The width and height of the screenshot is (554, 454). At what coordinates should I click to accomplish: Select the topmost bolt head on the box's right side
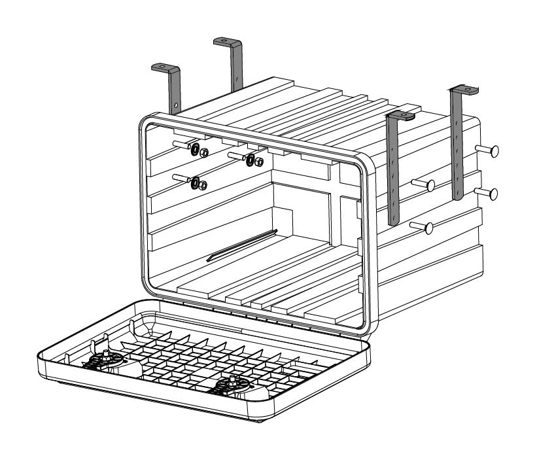493,150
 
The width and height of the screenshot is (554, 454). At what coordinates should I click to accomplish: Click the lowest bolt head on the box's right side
429,228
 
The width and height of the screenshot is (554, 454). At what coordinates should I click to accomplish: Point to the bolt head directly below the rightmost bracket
493,194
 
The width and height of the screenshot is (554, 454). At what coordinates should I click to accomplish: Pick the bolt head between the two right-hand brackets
431,186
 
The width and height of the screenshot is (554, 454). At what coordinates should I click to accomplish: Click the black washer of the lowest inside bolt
195,183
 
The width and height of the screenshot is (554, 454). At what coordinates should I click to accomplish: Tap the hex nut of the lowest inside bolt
203,185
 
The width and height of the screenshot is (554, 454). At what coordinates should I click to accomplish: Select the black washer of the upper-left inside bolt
195,151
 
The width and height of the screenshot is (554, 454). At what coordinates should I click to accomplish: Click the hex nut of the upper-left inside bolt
204,153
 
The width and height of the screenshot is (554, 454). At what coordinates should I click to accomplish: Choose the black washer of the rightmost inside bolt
251,159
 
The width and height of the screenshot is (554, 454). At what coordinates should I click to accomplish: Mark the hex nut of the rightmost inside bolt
259,161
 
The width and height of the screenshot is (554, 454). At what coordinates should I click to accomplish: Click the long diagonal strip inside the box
242,245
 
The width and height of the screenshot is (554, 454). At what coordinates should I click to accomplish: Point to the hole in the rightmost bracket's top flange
468,88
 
